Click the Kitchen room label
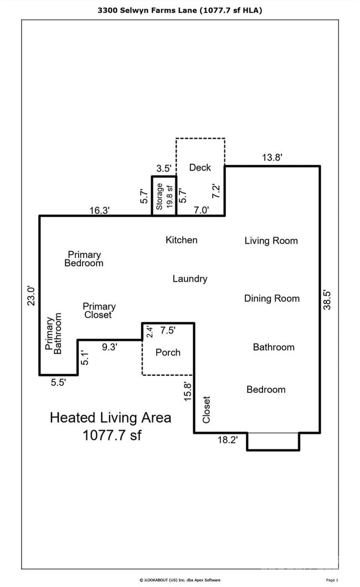pos(181,240)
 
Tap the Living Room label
pos(271,241)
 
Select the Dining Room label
pos(271,298)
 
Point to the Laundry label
pos(189,279)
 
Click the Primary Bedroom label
pos(84,259)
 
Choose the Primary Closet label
pos(99,310)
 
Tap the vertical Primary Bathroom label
pos(54,334)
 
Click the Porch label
pos(168,353)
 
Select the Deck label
pos(200,167)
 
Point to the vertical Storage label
pos(160,196)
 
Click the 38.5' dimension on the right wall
pos(327,300)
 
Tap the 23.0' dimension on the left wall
pos(32,295)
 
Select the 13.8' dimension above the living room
pos(272,158)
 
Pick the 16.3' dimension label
pos(100,210)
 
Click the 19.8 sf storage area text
pos(169,196)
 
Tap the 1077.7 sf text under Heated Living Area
pos(112,435)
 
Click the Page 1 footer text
pos(332,580)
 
